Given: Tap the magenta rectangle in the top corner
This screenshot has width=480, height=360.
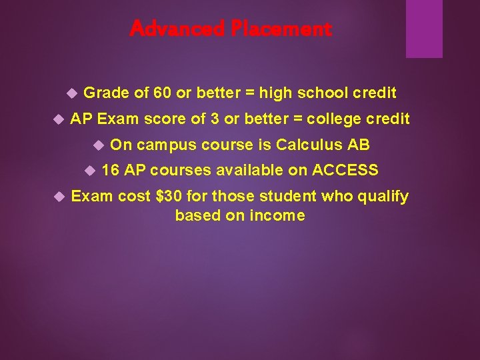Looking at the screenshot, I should pyautogui.click(x=424, y=29).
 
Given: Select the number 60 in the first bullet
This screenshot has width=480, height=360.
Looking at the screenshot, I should pyautogui.click(x=163, y=93).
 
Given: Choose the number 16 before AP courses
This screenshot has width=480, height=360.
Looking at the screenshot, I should pyautogui.click(x=111, y=171).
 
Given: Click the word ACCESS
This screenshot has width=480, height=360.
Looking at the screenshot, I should pyautogui.click(x=345, y=171).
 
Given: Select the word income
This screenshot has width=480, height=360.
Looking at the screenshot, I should pyautogui.click(x=279, y=215).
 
